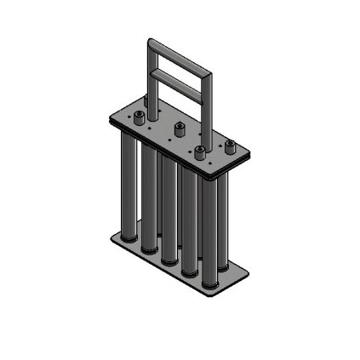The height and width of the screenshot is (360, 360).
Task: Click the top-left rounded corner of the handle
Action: pos(151,43)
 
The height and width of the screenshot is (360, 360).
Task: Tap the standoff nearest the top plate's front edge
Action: pos(199,152)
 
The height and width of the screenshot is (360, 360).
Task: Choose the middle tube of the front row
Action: pos(168,213)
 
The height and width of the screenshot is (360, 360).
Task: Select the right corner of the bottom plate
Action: pos(249,271)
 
